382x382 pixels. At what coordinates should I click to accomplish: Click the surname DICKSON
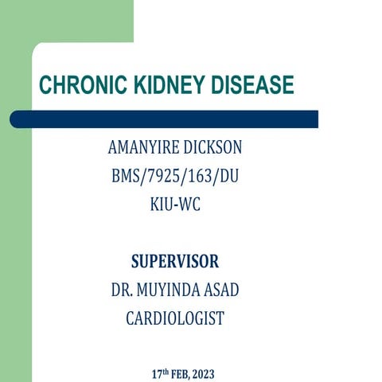click(x=216, y=149)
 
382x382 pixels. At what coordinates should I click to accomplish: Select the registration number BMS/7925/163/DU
click(x=175, y=176)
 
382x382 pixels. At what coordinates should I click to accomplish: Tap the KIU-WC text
click(x=175, y=204)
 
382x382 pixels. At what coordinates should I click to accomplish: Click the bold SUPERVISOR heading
click(x=175, y=262)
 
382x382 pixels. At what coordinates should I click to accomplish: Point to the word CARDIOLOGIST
click(x=175, y=318)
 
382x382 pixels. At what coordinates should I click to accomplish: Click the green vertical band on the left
click(x=16, y=239)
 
